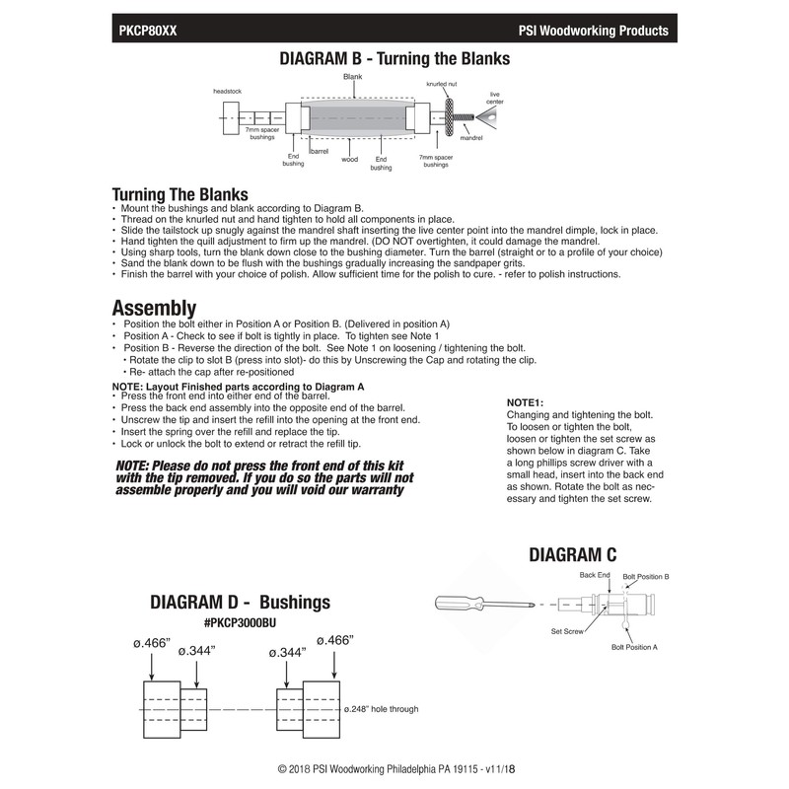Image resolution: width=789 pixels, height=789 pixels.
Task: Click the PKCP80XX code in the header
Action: coord(148,31)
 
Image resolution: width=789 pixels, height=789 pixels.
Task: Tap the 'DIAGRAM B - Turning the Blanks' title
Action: coord(395,58)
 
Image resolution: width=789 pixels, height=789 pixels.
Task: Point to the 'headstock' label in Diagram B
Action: coord(228,91)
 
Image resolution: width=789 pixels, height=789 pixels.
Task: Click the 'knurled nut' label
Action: coord(441,85)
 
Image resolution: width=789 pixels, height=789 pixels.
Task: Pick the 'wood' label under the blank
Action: coord(349,159)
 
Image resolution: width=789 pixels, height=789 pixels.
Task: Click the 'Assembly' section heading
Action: coord(154,307)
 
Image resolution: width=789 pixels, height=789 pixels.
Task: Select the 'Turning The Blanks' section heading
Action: coord(179,194)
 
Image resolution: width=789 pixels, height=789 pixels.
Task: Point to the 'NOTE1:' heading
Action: coord(525,403)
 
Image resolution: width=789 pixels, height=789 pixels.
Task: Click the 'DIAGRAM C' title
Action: coord(573,557)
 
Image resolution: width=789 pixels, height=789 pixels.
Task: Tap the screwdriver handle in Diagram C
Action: coord(460,601)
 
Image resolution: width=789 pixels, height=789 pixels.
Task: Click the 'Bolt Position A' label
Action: coord(634,646)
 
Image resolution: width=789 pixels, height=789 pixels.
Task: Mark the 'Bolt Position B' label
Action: coord(646,575)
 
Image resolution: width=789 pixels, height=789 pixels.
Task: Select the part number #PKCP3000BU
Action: coord(254,623)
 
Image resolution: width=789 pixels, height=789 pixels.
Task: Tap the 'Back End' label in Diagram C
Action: coord(596,574)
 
